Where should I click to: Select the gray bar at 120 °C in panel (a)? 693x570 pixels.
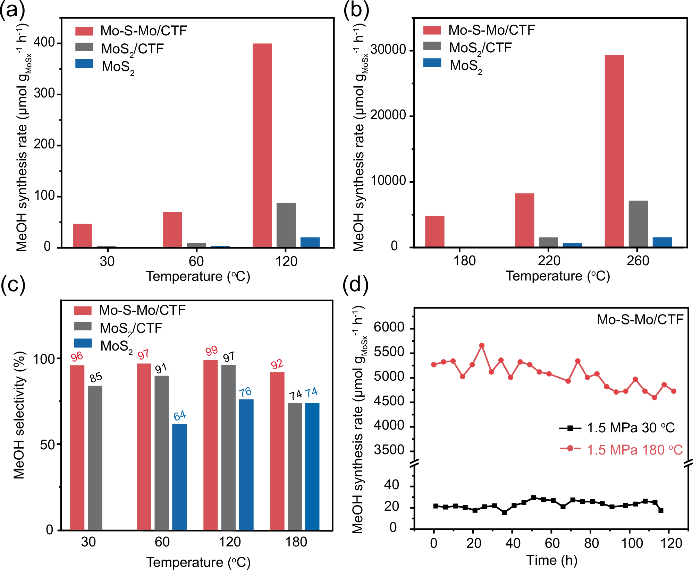(286, 225)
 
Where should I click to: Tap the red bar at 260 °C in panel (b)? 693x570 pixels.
(614, 151)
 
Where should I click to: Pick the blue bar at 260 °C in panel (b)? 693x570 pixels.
(662, 242)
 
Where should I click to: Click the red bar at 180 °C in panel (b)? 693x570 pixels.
(434, 231)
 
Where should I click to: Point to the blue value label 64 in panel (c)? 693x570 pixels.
(180, 415)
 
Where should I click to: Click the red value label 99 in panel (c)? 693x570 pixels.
(211, 351)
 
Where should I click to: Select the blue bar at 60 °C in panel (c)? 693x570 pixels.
(179, 477)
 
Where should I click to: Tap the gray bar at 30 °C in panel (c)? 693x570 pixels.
(95, 458)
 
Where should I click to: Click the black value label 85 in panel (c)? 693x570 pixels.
(96, 378)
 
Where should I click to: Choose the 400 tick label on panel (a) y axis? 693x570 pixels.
(44, 43)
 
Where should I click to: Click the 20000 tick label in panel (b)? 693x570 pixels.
(388, 115)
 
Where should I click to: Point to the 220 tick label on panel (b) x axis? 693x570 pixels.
(549, 261)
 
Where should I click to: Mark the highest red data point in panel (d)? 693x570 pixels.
(482, 346)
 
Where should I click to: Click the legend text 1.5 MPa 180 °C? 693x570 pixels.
(634, 450)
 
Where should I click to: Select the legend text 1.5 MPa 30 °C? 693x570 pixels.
(631, 428)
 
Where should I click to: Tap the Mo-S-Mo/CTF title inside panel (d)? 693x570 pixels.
(640, 319)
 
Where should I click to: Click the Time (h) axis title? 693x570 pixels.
(551, 560)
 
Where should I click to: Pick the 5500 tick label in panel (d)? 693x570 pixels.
(389, 352)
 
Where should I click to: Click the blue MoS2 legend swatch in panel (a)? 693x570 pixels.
(84, 64)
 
